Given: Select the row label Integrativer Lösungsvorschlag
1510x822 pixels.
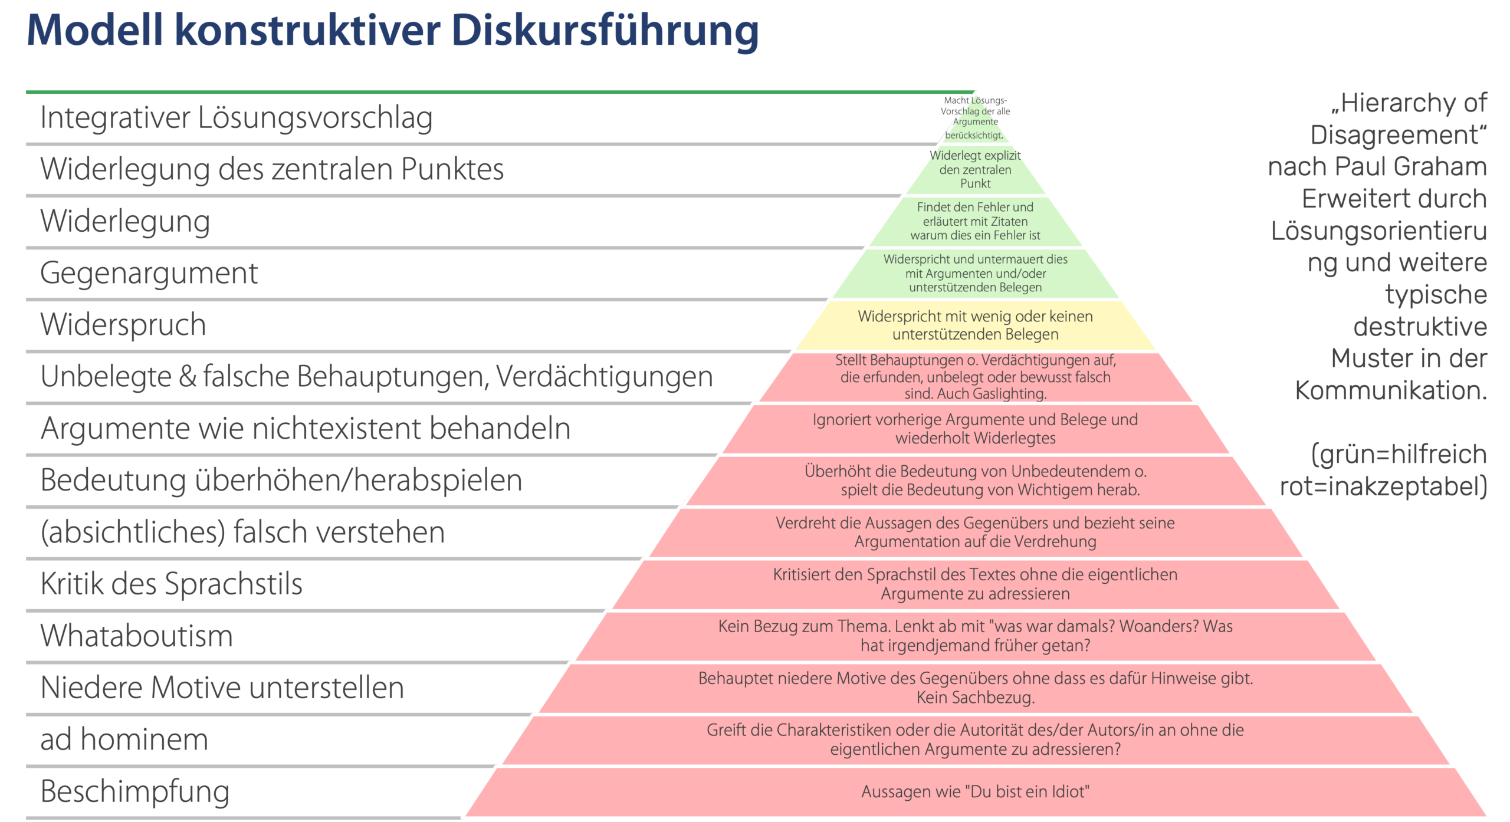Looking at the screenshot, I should tap(236, 117).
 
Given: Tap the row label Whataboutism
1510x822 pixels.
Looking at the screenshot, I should tap(136, 636).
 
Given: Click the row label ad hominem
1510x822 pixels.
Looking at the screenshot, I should tap(124, 739).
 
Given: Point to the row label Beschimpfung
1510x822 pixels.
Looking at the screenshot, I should tap(134, 791).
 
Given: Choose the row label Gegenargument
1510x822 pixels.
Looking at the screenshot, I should tap(149, 273).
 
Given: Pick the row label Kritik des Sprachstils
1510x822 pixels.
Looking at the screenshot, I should tap(171, 584).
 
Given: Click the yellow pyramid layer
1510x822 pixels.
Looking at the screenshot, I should tap(975, 325).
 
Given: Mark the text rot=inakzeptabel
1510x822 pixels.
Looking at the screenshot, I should tap(1383, 486).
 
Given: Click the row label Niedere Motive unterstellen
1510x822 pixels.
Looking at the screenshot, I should tap(222, 688).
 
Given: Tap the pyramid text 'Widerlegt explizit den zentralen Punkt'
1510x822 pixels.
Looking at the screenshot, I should tap(975, 169).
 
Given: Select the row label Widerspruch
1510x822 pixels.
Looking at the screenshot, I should tap(123, 325).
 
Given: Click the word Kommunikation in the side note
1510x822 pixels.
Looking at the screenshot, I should tap(1391, 390).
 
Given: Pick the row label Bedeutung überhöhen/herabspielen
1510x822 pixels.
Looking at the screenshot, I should tap(281, 480).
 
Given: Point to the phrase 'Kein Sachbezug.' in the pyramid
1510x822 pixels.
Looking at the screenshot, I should tap(975, 698).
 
